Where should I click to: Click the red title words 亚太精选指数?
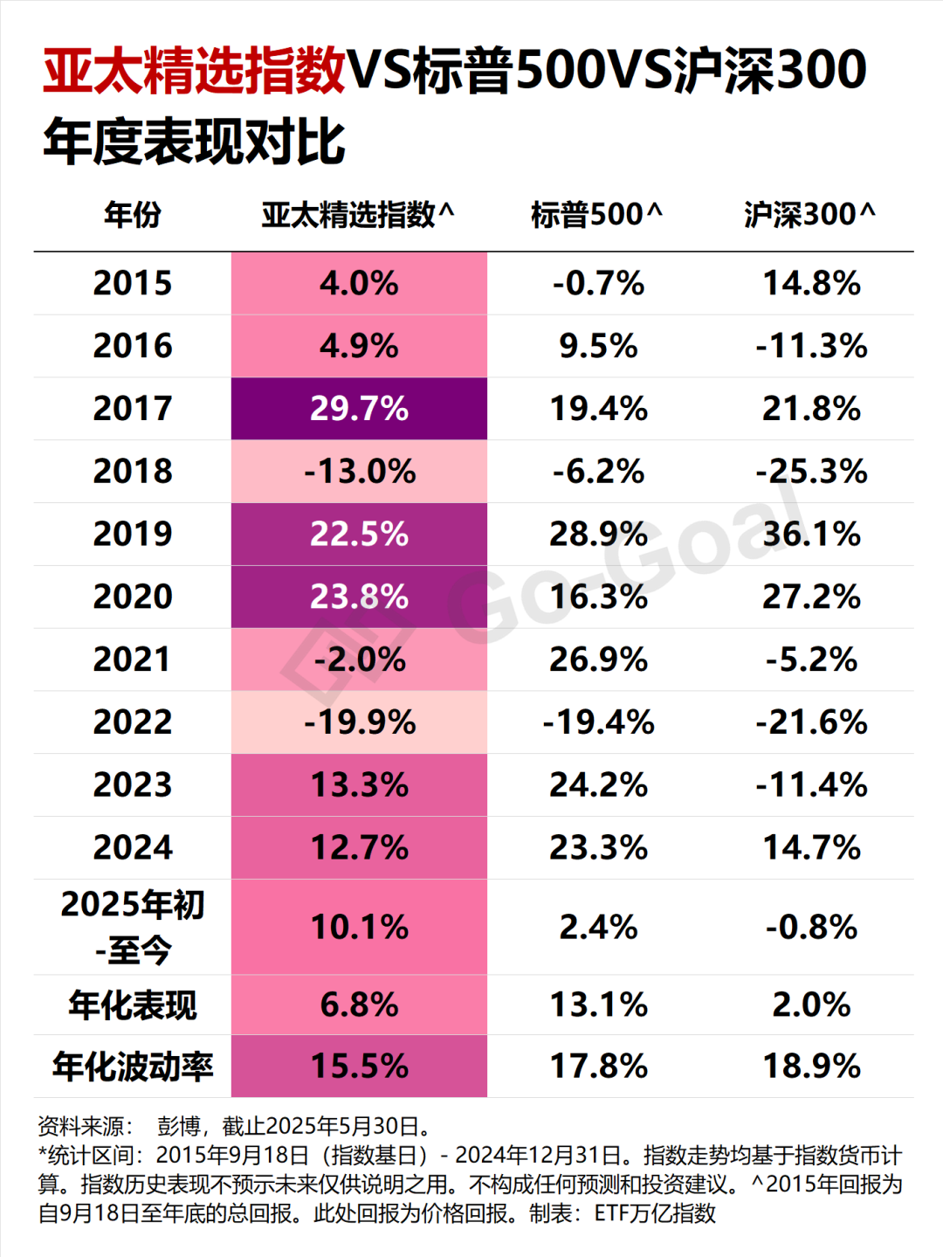coord(194,70)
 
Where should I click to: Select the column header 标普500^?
coord(596,214)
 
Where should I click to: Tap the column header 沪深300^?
coord(809,214)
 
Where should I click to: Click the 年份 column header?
coord(133,214)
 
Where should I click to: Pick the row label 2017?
coord(133,409)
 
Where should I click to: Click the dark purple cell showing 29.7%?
coord(359,409)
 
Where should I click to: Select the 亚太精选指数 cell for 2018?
coord(359,472)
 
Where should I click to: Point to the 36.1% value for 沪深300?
coord(811,534)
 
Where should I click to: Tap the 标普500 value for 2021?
coord(598,660)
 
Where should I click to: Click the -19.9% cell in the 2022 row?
coord(359,722)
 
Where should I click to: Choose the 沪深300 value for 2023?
coord(811,785)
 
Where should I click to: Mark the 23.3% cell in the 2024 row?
coord(598,847)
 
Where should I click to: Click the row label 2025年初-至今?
coord(133,927)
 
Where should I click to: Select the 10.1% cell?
coord(359,927)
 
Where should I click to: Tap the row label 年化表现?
coord(133,1005)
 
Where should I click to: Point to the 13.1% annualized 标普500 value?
coord(598,1005)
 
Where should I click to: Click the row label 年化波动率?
coord(133,1067)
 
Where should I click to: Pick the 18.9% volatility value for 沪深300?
coord(811,1067)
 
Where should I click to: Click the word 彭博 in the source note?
coord(179,1126)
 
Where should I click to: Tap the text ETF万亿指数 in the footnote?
coord(655,1213)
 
